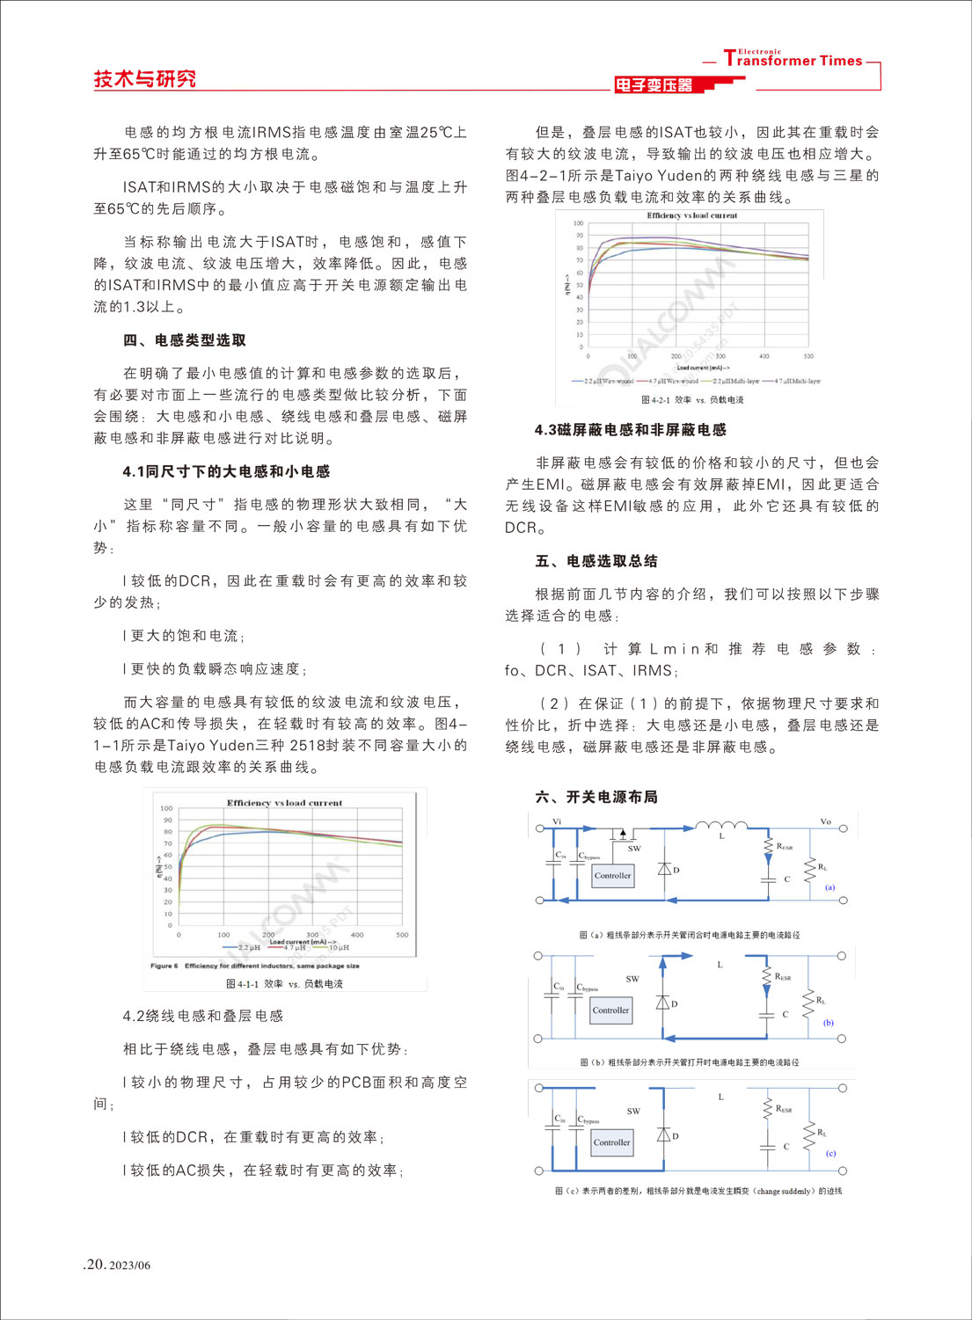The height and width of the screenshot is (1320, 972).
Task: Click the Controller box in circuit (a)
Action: pyautogui.click(x=612, y=876)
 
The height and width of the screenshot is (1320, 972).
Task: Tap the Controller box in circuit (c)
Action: pyautogui.click(x=611, y=1142)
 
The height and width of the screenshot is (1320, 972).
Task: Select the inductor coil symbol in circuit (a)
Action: pyautogui.click(x=721, y=826)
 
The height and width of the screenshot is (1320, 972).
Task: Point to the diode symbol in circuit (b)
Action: pyautogui.click(x=664, y=1003)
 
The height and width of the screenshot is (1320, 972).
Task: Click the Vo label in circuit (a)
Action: pyautogui.click(x=825, y=821)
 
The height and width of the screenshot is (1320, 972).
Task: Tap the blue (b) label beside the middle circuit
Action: pyautogui.click(x=828, y=1023)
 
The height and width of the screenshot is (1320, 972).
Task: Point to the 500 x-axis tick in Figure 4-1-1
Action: pyautogui.click(x=402, y=935)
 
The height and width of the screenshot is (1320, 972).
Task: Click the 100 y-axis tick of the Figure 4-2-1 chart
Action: pyautogui.click(x=578, y=223)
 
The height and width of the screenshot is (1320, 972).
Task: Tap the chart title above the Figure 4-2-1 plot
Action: pyautogui.click(x=691, y=215)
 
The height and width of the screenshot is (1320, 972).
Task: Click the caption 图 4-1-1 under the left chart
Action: pyautogui.click(x=284, y=984)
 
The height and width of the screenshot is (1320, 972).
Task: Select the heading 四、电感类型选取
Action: pyautogui.click(x=185, y=340)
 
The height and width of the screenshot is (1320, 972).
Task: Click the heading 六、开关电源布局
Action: pyautogui.click(x=596, y=797)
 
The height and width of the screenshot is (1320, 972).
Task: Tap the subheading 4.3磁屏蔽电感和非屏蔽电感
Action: pyautogui.click(x=630, y=430)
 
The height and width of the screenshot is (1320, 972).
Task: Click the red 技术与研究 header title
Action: pyautogui.click(x=145, y=79)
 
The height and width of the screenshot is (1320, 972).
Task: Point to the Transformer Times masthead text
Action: pyautogui.click(x=793, y=60)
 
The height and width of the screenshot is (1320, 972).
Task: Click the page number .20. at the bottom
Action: pyautogui.click(x=94, y=1265)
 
